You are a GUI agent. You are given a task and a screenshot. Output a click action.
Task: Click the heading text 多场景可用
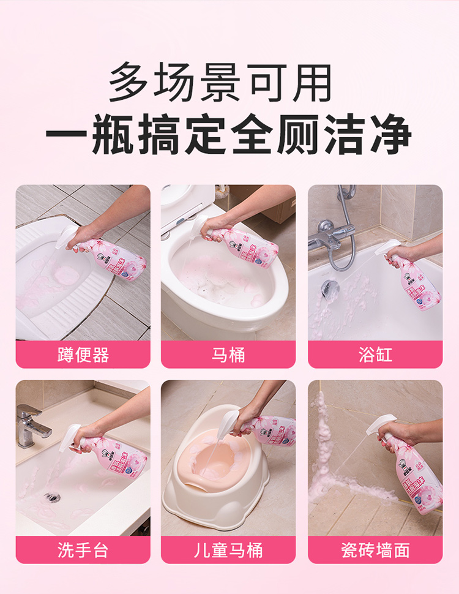[x=221, y=83]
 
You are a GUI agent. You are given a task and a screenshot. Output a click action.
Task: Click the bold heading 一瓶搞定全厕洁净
[x=228, y=137]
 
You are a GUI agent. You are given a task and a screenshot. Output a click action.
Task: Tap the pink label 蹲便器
[x=83, y=355]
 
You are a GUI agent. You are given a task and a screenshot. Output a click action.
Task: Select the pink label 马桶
[x=228, y=355]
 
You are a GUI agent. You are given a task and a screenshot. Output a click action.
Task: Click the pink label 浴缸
[x=375, y=355]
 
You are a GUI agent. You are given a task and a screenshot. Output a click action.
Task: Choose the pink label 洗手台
[x=83, y=550]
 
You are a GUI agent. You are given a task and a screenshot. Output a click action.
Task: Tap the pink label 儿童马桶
[x=228, y=550]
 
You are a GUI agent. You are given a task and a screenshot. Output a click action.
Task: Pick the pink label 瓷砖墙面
[x=375, y=550]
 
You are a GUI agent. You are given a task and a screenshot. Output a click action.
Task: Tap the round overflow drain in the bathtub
[x=331, y=287]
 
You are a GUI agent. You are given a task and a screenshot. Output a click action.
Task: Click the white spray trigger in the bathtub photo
[x=389, y=247]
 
